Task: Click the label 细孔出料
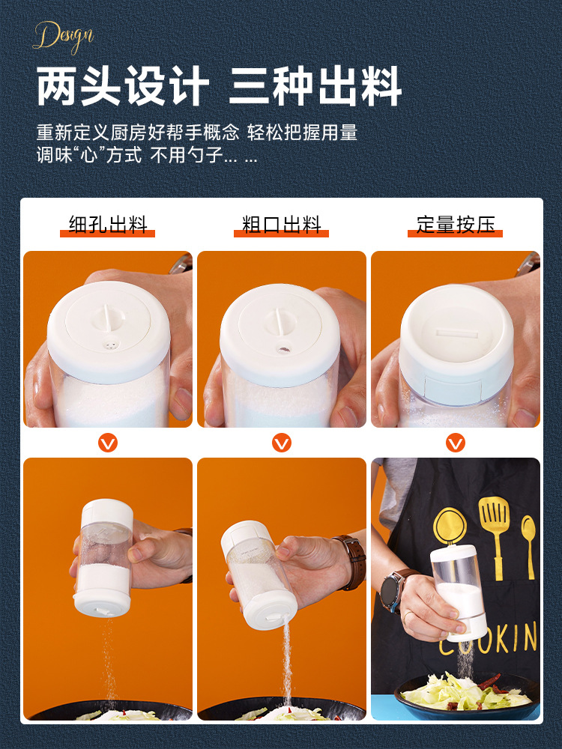[107, 225]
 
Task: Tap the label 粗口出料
[281, 225]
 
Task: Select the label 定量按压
[455, 225]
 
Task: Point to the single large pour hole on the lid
[283, 350]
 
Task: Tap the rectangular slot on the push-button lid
[456, 333]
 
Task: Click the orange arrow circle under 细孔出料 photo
[107, 443]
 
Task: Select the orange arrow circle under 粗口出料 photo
[282, 443]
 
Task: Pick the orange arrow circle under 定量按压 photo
[456, 443]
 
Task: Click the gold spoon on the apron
[528, 545]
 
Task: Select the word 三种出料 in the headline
[315, 86]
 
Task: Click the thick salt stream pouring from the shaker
[287, 661]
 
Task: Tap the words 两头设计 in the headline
[123, 86]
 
